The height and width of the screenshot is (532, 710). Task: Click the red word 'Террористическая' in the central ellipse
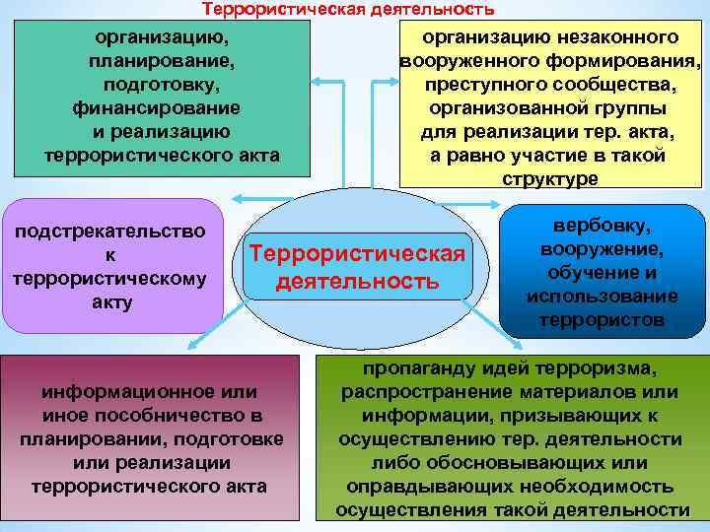click(x=357, y=254)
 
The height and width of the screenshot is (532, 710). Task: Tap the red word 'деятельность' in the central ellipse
click(x=357, y=283)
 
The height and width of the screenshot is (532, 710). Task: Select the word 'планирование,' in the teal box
click(x=162, y=61)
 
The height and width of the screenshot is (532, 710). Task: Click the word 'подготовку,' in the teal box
click(x=161, y=84)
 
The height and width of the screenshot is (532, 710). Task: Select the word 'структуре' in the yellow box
click(x=549, y=178)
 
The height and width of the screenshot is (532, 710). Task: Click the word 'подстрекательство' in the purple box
click(x=111, y=232)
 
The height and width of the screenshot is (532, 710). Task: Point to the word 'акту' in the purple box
click(x=110, y=301)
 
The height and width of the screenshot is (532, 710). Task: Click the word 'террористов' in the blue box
click(x=603, y=319)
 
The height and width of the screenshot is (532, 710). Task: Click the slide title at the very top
click(x=348, y=9)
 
